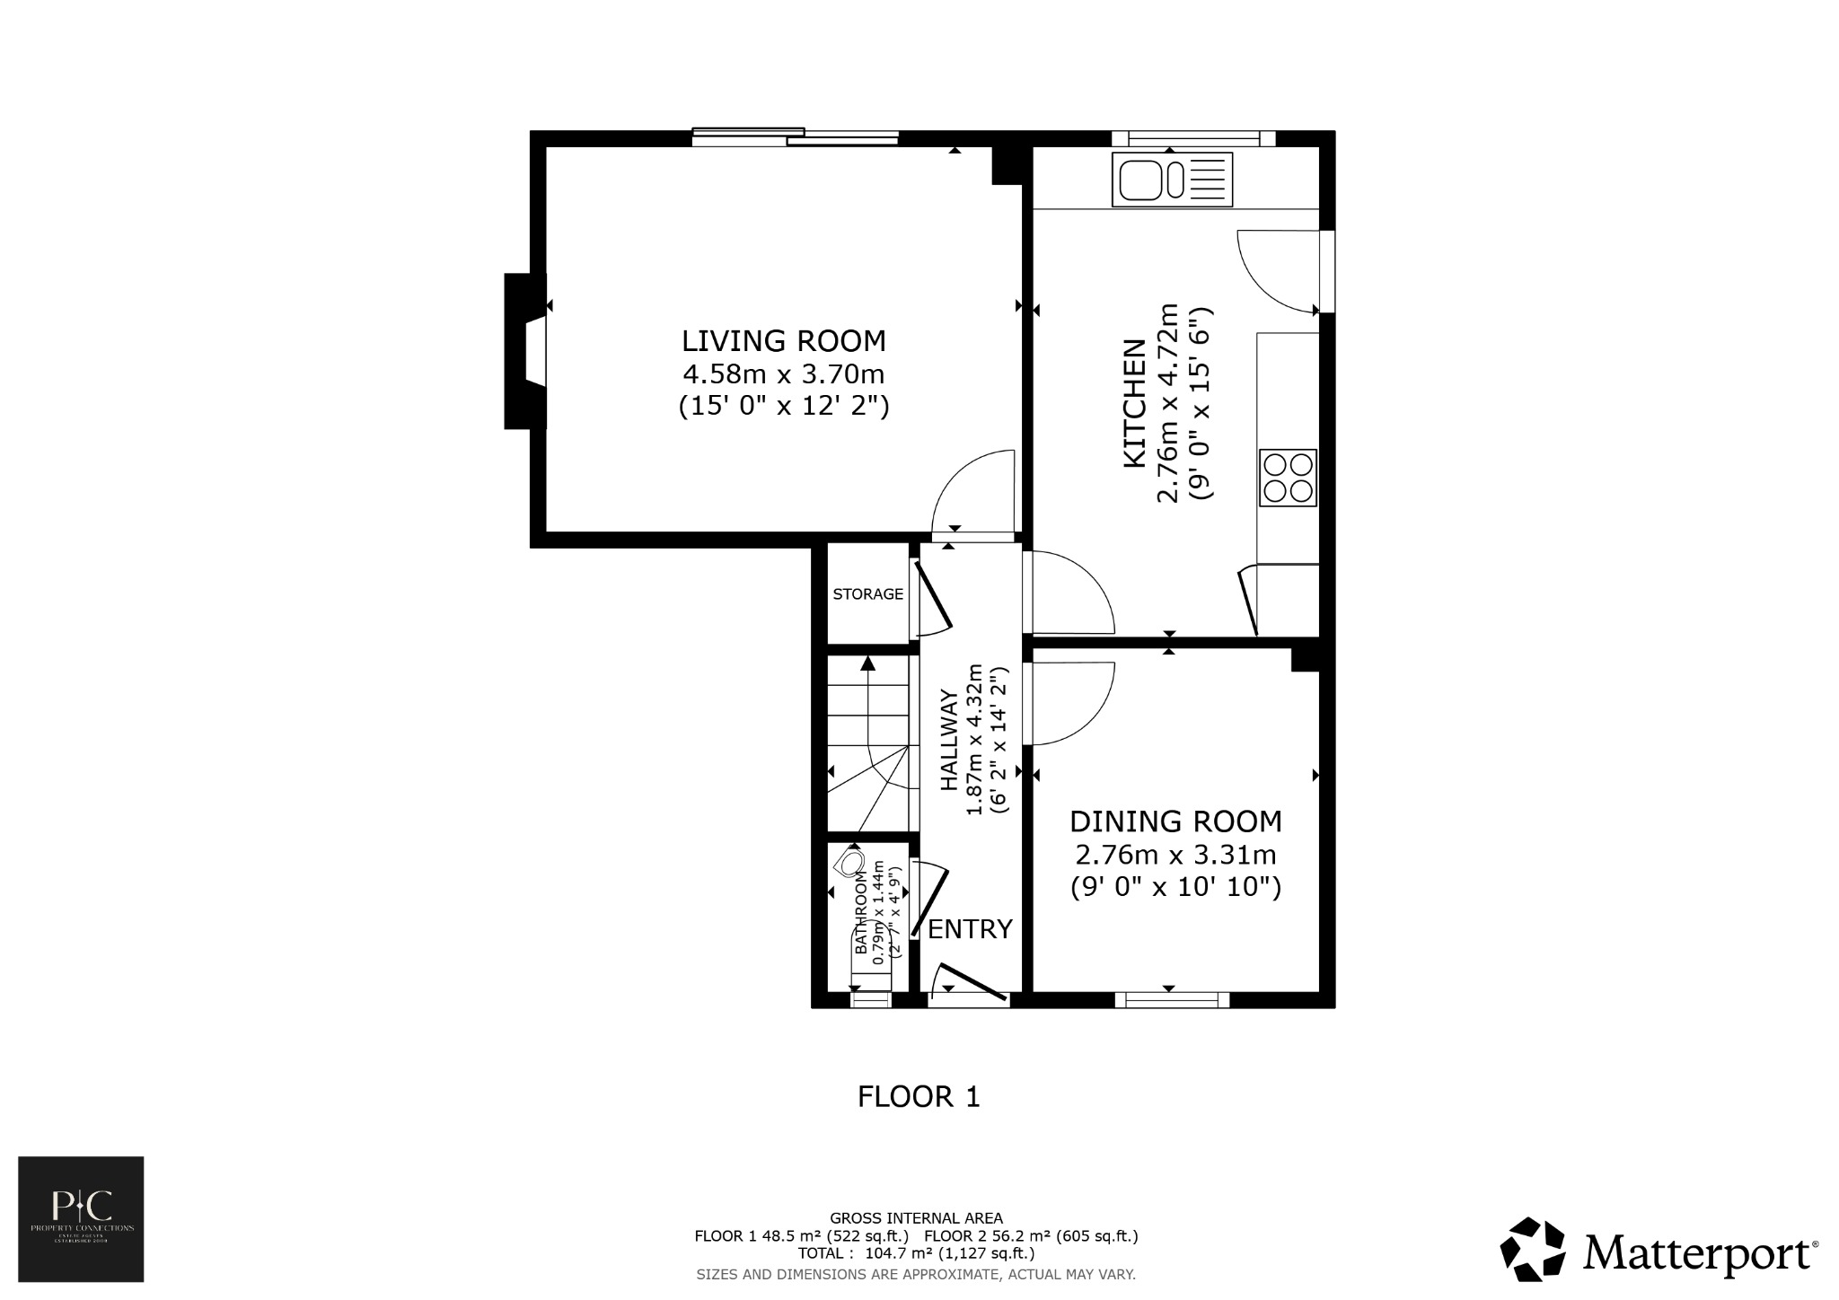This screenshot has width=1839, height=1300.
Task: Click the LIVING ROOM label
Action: pos(783,341)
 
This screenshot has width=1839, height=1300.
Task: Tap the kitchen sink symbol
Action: pos(1172,179)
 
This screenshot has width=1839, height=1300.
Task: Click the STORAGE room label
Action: pos(867,594)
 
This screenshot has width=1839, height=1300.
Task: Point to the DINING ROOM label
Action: pos(1175,821)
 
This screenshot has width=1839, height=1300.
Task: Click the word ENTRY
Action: pos(970,929)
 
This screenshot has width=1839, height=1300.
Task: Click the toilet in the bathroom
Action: pos(850,864)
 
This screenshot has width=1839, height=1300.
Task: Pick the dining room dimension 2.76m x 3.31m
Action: pos(1175,855)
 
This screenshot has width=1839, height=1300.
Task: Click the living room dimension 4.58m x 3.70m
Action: pos(783,373)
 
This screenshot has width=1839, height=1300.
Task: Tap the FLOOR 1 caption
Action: pos(919,1097)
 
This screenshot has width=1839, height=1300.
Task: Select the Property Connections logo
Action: pos(81,1218)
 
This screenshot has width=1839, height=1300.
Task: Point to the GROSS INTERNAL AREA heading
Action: pos(916,1218)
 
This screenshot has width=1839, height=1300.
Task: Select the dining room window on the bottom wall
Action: pos(1173,999)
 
